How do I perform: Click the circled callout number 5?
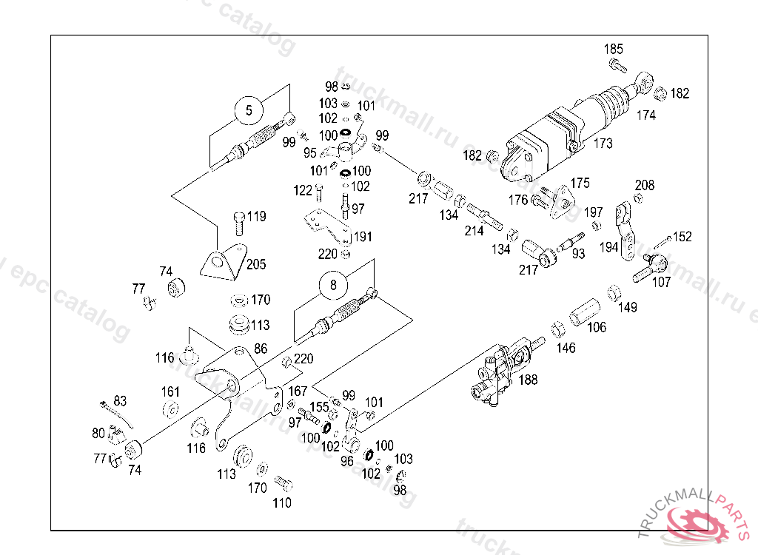tap(249, 110)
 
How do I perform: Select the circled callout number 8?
tap(333, 283)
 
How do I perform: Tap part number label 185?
tap(613, 50)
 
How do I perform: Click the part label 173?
tap(603, 144)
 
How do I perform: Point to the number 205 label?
tap(256, 264)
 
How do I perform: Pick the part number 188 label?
tap(528, 380)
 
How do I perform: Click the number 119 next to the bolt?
tap(256, 217)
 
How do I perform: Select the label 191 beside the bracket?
tap(363, 238)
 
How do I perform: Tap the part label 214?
tap(474, 231)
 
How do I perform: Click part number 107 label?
tap(661, 282)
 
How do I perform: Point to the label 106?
tap(596, 327)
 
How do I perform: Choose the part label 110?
tap(282, 503)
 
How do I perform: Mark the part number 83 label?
tap(120, 401)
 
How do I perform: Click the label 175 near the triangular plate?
tap(580, 183)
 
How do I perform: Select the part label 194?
tap(608, 247)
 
